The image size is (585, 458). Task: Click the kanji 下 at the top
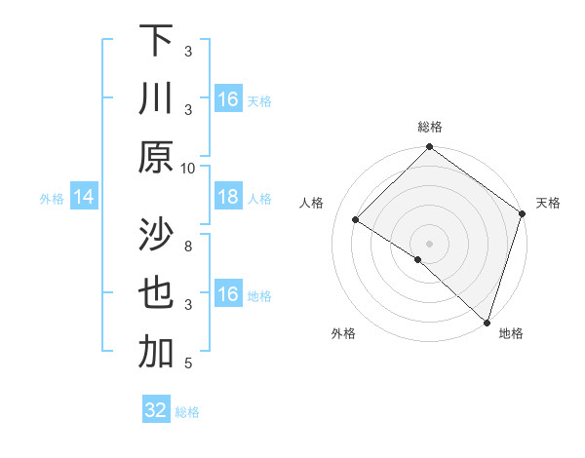[156, 41]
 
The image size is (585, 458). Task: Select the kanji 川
[156, 98]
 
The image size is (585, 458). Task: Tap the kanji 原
[156, 157]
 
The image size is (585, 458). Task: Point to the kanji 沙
[156, 236]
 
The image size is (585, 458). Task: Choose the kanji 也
[156, 294]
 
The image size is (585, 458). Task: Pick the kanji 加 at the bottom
[156, 354]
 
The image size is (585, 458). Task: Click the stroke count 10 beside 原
[188, 167]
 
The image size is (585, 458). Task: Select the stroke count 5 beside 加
[188, 363]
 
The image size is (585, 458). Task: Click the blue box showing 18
[227, 198]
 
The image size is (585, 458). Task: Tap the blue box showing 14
[84, 198]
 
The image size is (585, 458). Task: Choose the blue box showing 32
[156, 410]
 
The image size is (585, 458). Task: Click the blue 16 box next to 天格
[227, 99]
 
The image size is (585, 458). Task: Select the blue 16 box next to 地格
[227, 295]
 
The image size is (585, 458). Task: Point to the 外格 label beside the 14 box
[52, 199]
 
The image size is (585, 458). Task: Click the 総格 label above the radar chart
[430, 127]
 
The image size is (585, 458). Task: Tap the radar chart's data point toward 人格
[356, 220]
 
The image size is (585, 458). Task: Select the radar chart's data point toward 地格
[487, 321]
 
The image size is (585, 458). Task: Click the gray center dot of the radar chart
[429, 243]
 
